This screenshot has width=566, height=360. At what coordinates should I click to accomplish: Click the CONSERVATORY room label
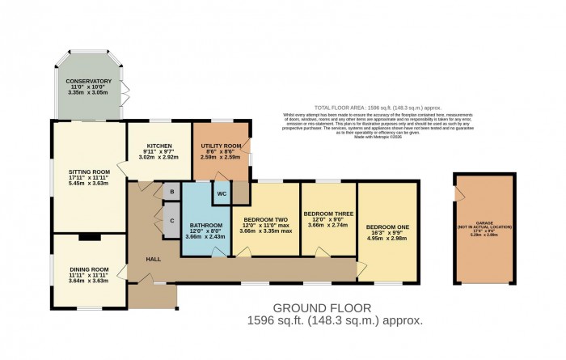[x=89, y=81]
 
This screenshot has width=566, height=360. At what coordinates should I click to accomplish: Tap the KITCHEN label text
[x=158, y=146]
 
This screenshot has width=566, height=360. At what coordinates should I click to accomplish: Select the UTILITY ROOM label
[x=221, y=145]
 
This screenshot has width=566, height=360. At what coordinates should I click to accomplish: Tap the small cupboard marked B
[x=171, y=192]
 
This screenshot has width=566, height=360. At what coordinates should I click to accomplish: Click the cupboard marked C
[x=171, y=219]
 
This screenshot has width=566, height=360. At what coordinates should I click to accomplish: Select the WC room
[x=220, y=195]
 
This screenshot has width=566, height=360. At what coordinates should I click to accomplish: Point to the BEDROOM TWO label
[x=265, y=219]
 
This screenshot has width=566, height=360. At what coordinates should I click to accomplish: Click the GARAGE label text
[x=483, y=223]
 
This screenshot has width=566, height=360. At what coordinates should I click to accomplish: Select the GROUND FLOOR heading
[x=322, y=308]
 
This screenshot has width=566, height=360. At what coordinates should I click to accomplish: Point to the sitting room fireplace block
[x=89, y=237]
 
